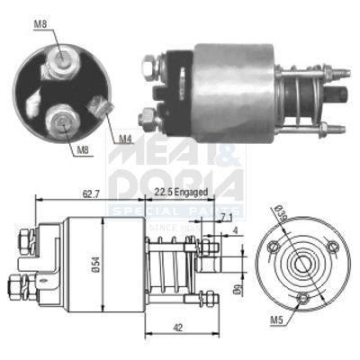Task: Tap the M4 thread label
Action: point(125,139)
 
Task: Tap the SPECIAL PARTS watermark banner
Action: point(175,209)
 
